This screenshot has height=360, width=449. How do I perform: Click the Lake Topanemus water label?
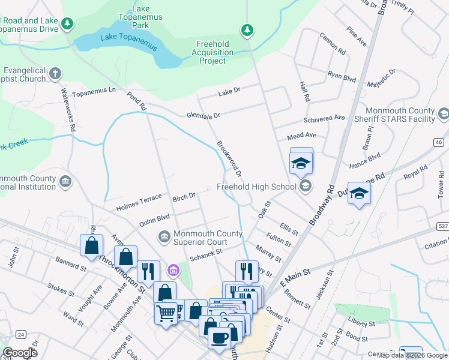click(128, 43)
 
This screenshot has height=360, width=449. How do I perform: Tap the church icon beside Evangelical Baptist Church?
click(55, 74)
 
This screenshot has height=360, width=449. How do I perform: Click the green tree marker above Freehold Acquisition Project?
click(247, 29)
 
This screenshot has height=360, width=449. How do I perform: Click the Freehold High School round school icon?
click(306, 186)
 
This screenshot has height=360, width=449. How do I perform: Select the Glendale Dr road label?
click(203, 115)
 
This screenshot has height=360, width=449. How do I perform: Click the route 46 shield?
click(439, 142)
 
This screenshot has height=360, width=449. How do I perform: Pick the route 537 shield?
click(442, 226)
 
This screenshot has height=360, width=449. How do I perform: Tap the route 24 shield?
click(22, 334)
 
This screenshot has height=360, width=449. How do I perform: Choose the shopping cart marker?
click(166, 311)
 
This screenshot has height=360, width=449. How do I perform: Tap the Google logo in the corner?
click(20, 353)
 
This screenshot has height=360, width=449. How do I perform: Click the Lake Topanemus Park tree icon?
click(68, 23)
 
